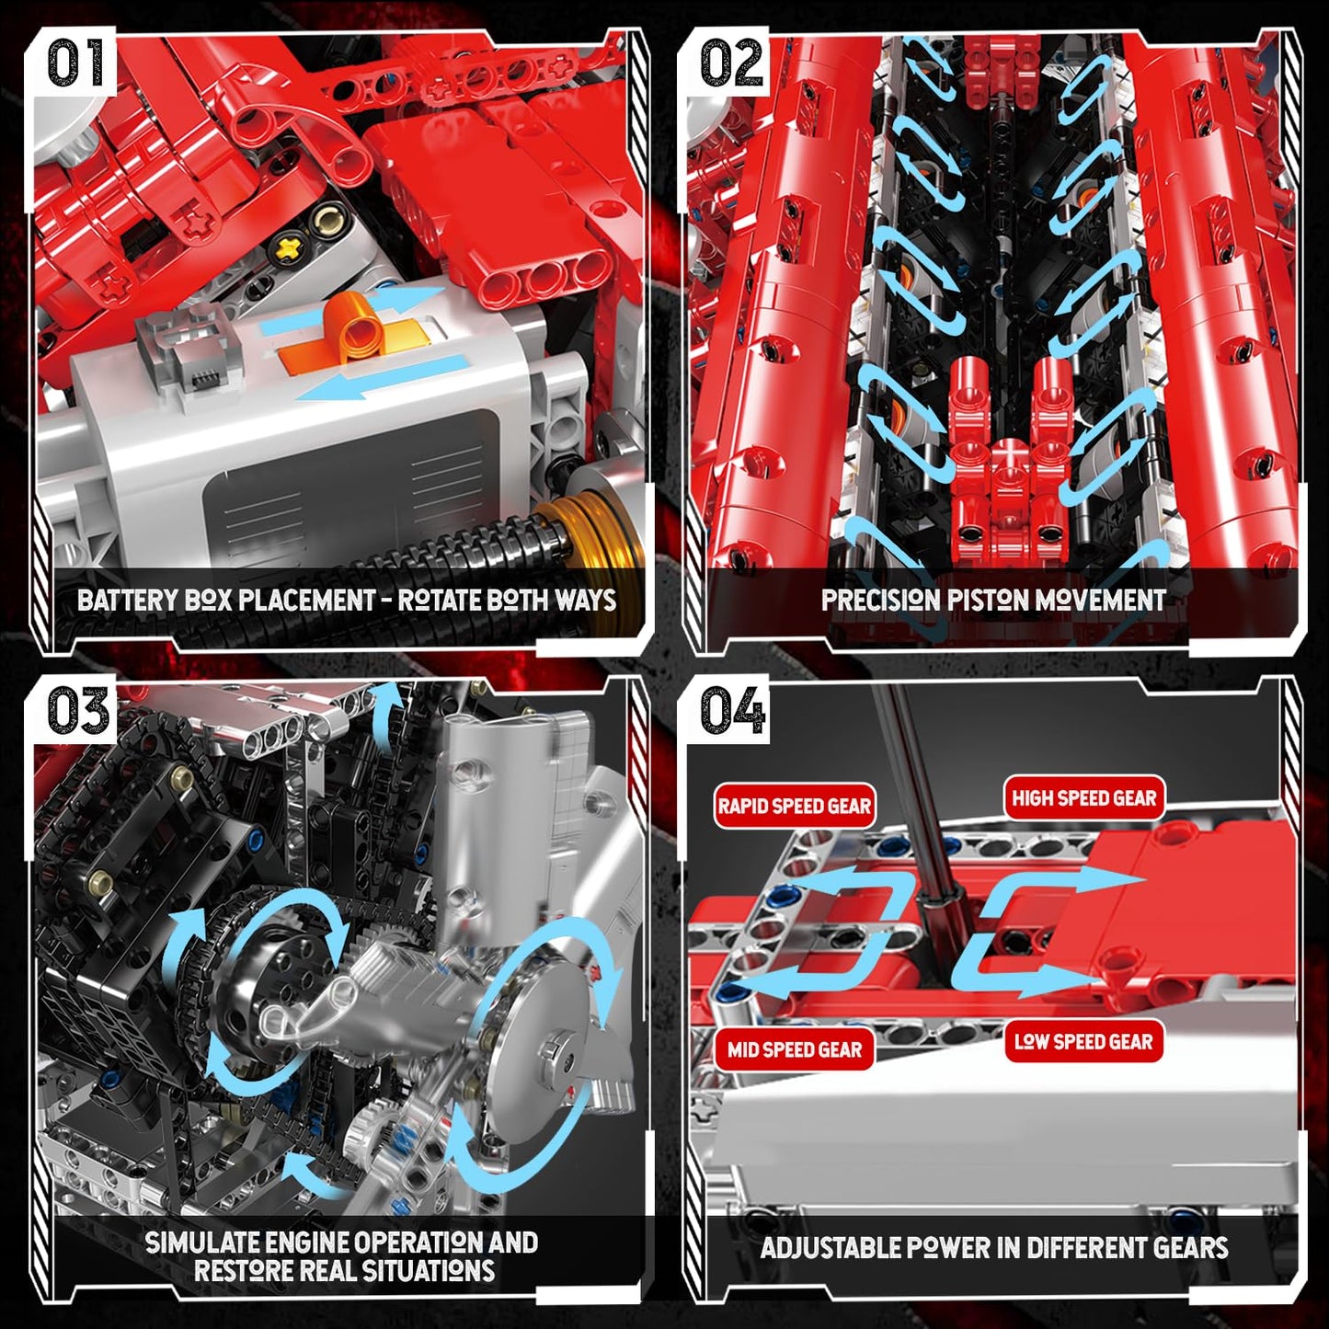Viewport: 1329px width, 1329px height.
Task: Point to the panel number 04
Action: (733, 712)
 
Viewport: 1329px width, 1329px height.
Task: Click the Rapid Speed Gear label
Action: (794, 806)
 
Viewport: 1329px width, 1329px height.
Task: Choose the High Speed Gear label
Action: (1083, 798)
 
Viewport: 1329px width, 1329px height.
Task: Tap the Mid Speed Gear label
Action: (795, 1049)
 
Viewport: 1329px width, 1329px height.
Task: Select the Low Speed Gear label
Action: (1083, 1041)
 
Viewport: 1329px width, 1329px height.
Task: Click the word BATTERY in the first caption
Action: (127, 600)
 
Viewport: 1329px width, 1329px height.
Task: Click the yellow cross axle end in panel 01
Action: (292, 245)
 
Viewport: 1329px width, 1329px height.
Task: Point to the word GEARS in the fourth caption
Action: (1189, 1248)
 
